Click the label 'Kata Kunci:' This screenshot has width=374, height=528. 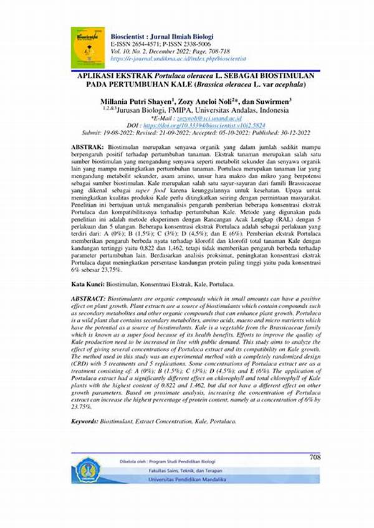tap(89, 283)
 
